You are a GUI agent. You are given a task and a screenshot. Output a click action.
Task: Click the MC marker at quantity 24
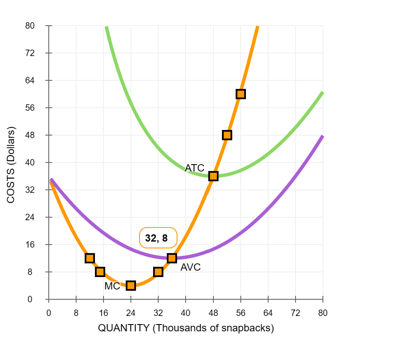point(131,286)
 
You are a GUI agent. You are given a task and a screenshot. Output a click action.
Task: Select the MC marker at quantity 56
point(241,94)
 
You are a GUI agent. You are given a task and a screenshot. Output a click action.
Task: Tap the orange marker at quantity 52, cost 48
point(227,135)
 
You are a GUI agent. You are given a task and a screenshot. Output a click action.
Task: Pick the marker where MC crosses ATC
point(213,176)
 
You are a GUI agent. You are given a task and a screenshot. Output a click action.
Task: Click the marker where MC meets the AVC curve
point(172,258)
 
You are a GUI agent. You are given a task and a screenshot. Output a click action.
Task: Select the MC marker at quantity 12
point(90,258)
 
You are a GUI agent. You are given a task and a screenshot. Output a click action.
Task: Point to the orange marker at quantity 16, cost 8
point(100,272)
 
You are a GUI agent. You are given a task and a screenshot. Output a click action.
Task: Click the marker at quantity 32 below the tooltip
point(158,272)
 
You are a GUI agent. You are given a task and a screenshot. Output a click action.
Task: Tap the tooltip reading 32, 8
point(157,238)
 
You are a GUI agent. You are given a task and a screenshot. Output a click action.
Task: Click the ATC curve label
point(195,168)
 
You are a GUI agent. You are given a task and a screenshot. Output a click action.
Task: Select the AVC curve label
point(190,268)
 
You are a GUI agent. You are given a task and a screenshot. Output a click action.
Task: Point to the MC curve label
point(112,286)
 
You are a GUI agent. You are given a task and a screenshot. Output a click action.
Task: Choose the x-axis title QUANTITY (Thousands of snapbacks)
point(186,328)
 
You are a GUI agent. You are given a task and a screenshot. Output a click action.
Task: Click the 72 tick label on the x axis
point(296,313)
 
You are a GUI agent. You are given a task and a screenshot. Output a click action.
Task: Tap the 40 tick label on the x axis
point(186,313)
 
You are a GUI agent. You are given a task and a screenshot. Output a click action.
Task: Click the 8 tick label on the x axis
point(76,313)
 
